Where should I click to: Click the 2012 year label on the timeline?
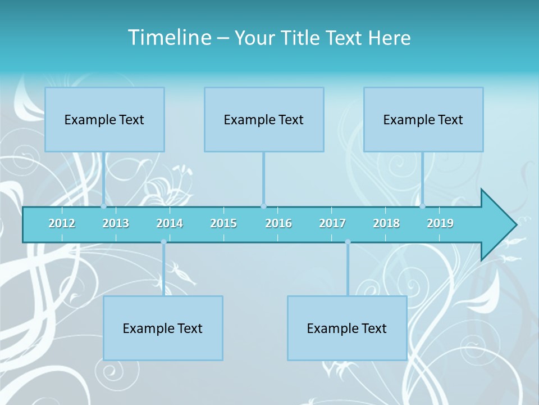[x=62, y=223]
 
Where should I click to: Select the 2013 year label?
[x=116, y=223]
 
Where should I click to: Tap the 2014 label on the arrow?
[x=170, y=223]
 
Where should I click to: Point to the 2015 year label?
[x=223, y=223]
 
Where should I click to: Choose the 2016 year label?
[x=278, y=223]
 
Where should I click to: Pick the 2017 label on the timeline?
[x=332, y=223]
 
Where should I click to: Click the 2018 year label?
[x=386, y=223]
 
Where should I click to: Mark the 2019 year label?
[x=440, y=223]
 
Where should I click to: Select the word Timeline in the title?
[x=169, y=38]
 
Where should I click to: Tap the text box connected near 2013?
[x=104, y=119]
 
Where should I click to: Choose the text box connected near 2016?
[x=264, y=119]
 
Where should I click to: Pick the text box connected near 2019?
[x=423, y=119]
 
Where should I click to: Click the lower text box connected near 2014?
[x=163, y=328]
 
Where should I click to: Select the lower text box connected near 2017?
[x=347, y=328]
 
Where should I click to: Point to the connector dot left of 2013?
[x=103, y=206]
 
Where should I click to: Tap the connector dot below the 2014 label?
[x=163, y=242]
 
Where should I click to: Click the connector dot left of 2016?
[x=263, y=206]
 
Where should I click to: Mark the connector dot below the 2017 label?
[x=348, y=242]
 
